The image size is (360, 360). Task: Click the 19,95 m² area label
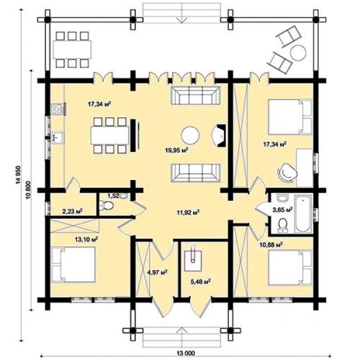pos(176,150)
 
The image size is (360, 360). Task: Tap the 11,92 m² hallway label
pos(188,212)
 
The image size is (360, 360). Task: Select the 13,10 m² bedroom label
pos(86,239)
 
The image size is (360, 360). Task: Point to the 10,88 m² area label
pos(271,245)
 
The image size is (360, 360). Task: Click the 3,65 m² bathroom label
pos(282,210)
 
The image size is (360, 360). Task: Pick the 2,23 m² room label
pos(73,212)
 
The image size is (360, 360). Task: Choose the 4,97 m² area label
pos(157,272)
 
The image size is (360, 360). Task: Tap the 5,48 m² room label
pos(201,282)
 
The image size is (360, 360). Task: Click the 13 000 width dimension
pos(186,353)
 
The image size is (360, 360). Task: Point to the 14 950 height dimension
pos(19,175)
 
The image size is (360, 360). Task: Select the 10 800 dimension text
pos(29,189)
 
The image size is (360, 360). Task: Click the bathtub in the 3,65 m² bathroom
pos(303,213)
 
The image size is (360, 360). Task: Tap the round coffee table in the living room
pos(190,135)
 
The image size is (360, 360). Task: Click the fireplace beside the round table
pos(219,135)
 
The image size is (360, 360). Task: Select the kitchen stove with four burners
pos(58,109)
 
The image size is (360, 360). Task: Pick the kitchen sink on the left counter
pos(58,138)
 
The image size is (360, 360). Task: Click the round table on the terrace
pos(298,53)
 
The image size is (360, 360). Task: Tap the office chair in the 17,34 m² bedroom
pos(287,171)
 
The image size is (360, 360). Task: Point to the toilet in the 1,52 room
pos(106,205)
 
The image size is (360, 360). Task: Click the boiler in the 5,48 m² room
pos(193,258)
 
